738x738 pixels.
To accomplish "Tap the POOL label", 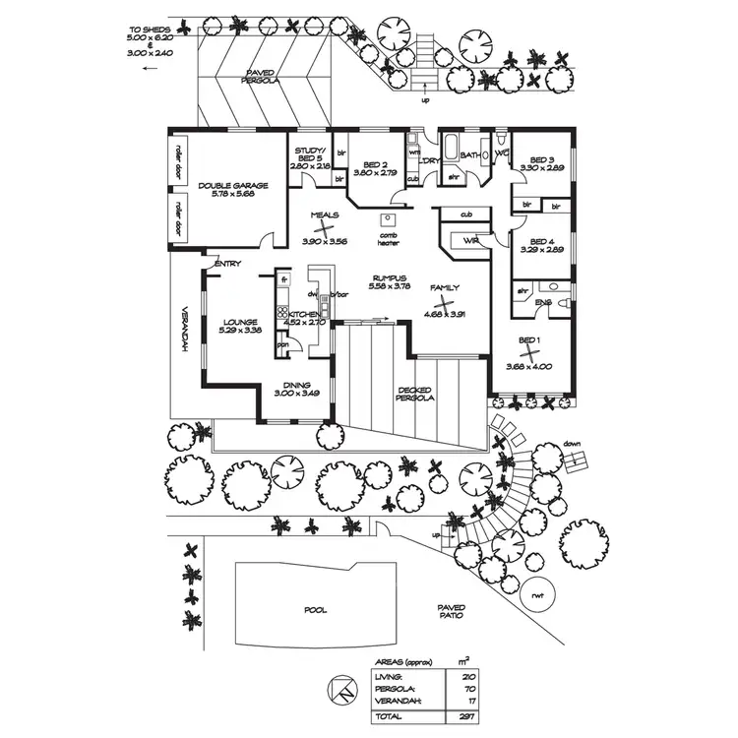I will [x=315, y=610].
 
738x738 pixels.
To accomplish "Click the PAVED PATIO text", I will [x=452, y=612].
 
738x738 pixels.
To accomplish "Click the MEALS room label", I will [x=324, y=214].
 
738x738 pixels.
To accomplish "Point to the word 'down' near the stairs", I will [x=575, y=444].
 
